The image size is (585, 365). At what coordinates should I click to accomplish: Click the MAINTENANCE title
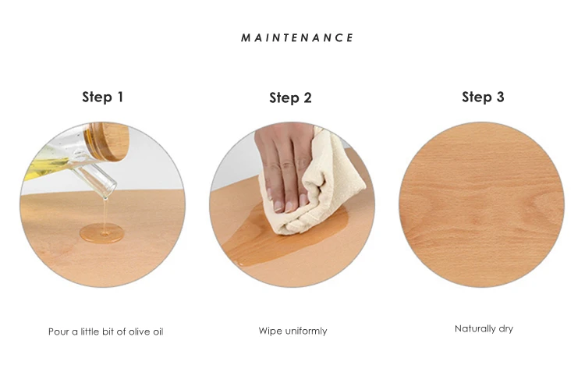click(x=297, y=37)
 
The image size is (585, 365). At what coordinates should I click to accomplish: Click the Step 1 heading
click(x=103, y=97)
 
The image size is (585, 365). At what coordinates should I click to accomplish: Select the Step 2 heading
click(x=290, y=97)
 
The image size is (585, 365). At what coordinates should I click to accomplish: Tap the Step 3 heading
click(x=483, y=97)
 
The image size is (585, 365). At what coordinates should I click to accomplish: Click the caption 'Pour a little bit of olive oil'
click(x=105, y=331)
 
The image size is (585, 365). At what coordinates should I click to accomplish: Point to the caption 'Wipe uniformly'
click(x=292, y=331)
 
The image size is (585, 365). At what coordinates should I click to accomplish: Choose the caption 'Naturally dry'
click(x=484, y=329)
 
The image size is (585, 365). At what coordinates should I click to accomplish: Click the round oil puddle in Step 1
click(x=102, y=233)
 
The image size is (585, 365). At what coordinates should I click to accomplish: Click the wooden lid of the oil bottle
click(x=108, y=141)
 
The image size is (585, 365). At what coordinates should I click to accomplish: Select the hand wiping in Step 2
click(x=285, y=165)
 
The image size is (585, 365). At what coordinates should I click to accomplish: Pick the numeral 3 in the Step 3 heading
click(x=500, y=97)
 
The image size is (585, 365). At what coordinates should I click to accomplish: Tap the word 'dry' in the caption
click(x=506, y=329)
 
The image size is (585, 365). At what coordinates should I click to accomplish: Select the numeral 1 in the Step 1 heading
click(x=120, y=97)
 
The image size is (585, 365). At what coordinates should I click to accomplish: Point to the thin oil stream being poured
click(x=105, y=214)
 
